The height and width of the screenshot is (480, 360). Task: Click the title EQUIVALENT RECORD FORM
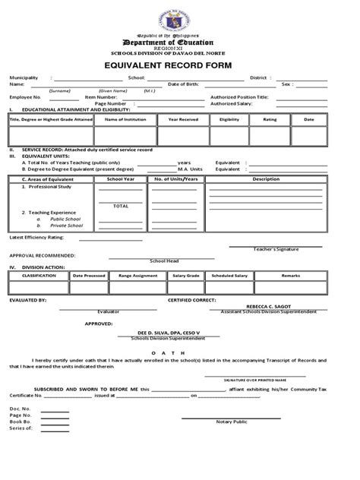(180, 65)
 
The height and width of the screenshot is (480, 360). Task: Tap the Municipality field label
(25, 77)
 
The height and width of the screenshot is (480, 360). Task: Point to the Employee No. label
(25, 97)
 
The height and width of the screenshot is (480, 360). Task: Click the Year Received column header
(183, 119)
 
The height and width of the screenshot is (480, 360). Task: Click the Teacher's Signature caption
(274, 248)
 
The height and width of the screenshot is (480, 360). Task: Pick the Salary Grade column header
(185, 276)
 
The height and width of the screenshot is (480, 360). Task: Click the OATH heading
(179, 351)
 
